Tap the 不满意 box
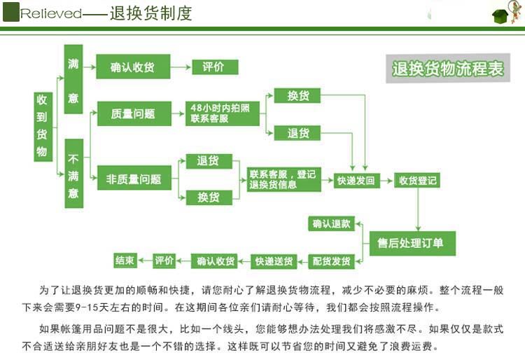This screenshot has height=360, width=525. click(73, 173)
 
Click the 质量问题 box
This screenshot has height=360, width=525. click(133, 113)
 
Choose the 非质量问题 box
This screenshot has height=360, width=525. click(133, 179)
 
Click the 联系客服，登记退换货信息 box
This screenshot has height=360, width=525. click(283, 179)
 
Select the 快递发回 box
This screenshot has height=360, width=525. click(356, 181)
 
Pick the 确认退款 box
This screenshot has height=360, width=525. click(332, 224)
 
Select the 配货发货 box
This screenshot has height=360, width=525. click(332, 261)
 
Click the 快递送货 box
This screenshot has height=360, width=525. click(274, 261)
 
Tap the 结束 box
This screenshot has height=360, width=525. click(125, 261)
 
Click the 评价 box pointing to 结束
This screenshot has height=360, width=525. click(164, 261)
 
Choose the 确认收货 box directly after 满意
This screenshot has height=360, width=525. click(133, 67)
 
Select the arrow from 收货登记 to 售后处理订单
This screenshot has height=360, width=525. click(418, 209)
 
